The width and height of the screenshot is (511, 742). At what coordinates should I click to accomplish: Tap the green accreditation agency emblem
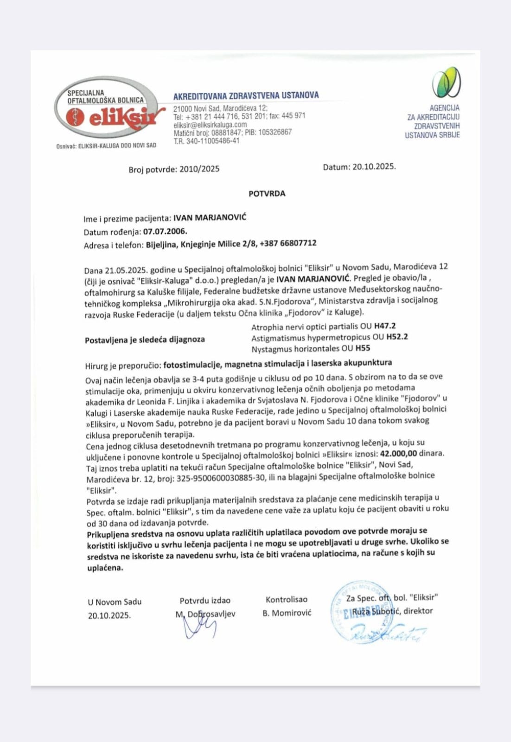coord(446,82)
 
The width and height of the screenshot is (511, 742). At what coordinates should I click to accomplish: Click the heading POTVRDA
coord(267,193)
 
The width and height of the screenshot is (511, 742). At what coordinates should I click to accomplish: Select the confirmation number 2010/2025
coord(199,169)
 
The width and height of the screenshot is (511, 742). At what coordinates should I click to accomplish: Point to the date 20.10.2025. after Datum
coord(374,167)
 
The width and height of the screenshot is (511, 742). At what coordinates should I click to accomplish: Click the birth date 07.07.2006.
coord(165,231)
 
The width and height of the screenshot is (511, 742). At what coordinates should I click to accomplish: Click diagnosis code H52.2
coord(397,337)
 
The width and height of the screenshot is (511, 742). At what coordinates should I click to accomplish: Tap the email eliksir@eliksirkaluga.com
coord(210,125)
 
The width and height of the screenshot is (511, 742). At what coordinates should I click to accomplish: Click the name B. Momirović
coord(287,613)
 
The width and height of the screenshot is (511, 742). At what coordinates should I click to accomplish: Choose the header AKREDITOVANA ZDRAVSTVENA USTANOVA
coord(246,96)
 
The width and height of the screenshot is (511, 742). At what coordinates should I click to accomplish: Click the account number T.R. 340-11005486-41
coord(206,141)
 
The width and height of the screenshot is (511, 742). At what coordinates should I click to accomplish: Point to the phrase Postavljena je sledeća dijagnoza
coord(145,340)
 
